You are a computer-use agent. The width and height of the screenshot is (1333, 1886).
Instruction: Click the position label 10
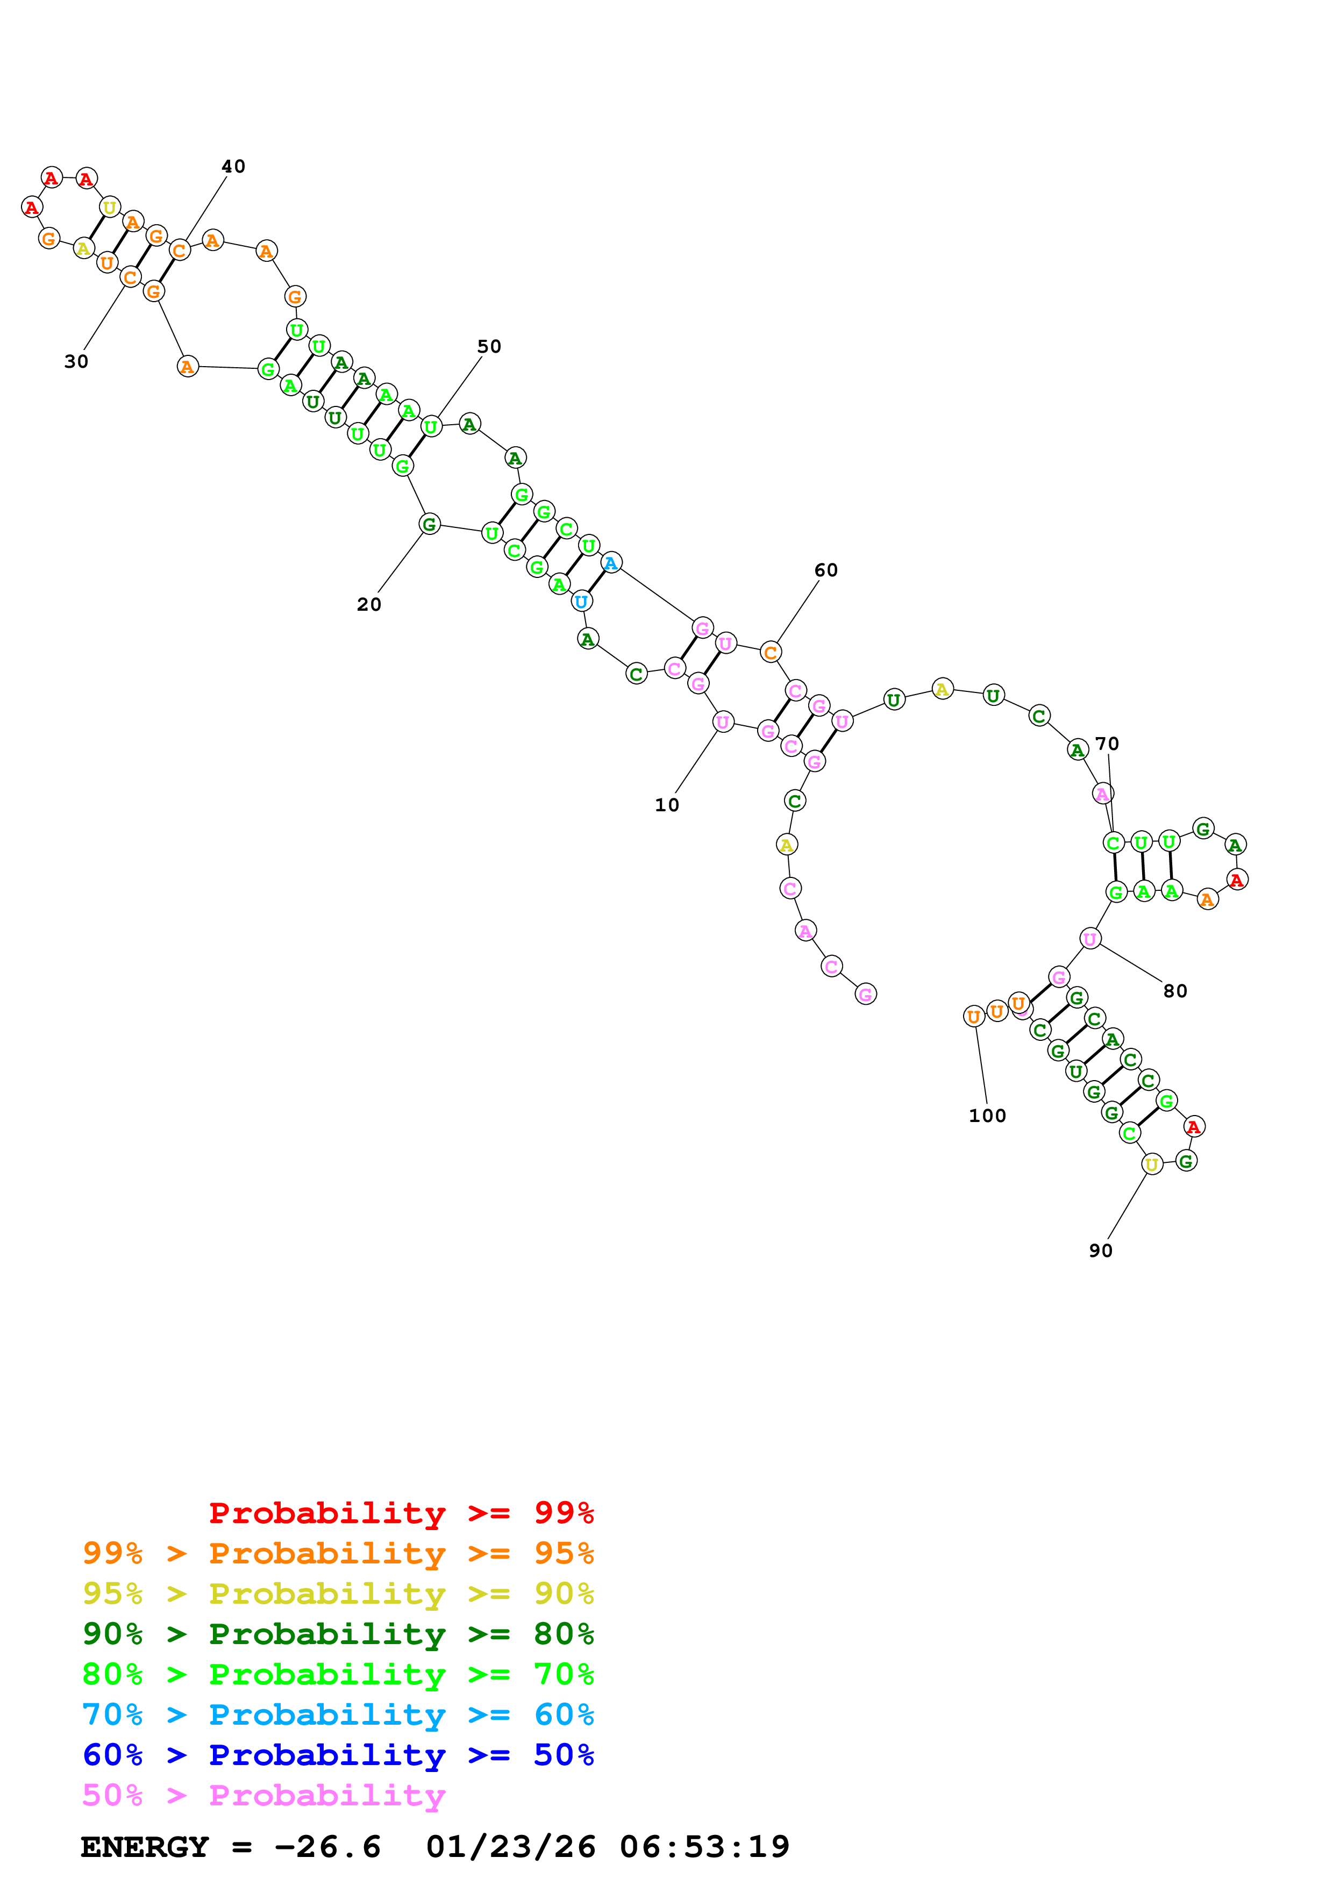pos(666,805)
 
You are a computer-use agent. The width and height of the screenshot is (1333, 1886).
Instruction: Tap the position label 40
pos(233,167)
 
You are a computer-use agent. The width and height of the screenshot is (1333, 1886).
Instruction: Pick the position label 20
pos(369,605)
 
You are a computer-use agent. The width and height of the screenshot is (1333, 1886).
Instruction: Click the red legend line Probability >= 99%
pos(401,1512)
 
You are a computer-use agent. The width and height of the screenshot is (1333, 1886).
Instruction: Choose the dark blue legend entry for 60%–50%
pos(338,1755)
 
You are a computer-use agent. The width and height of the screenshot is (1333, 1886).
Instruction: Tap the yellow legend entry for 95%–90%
pos(338,1594)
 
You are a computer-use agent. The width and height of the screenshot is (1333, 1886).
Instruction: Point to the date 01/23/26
pos(510,1847)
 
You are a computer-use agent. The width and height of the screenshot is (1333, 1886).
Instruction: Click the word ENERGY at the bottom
pos(145,1847)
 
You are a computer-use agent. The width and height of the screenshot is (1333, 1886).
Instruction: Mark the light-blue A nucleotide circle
pos(610,563)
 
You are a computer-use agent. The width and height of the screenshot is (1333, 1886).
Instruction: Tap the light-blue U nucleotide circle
pos(581,601)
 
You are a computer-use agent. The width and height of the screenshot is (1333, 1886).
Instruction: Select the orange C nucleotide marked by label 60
pos(769,652)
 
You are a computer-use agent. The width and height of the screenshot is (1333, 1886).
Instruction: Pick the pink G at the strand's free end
pos(865,994)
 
